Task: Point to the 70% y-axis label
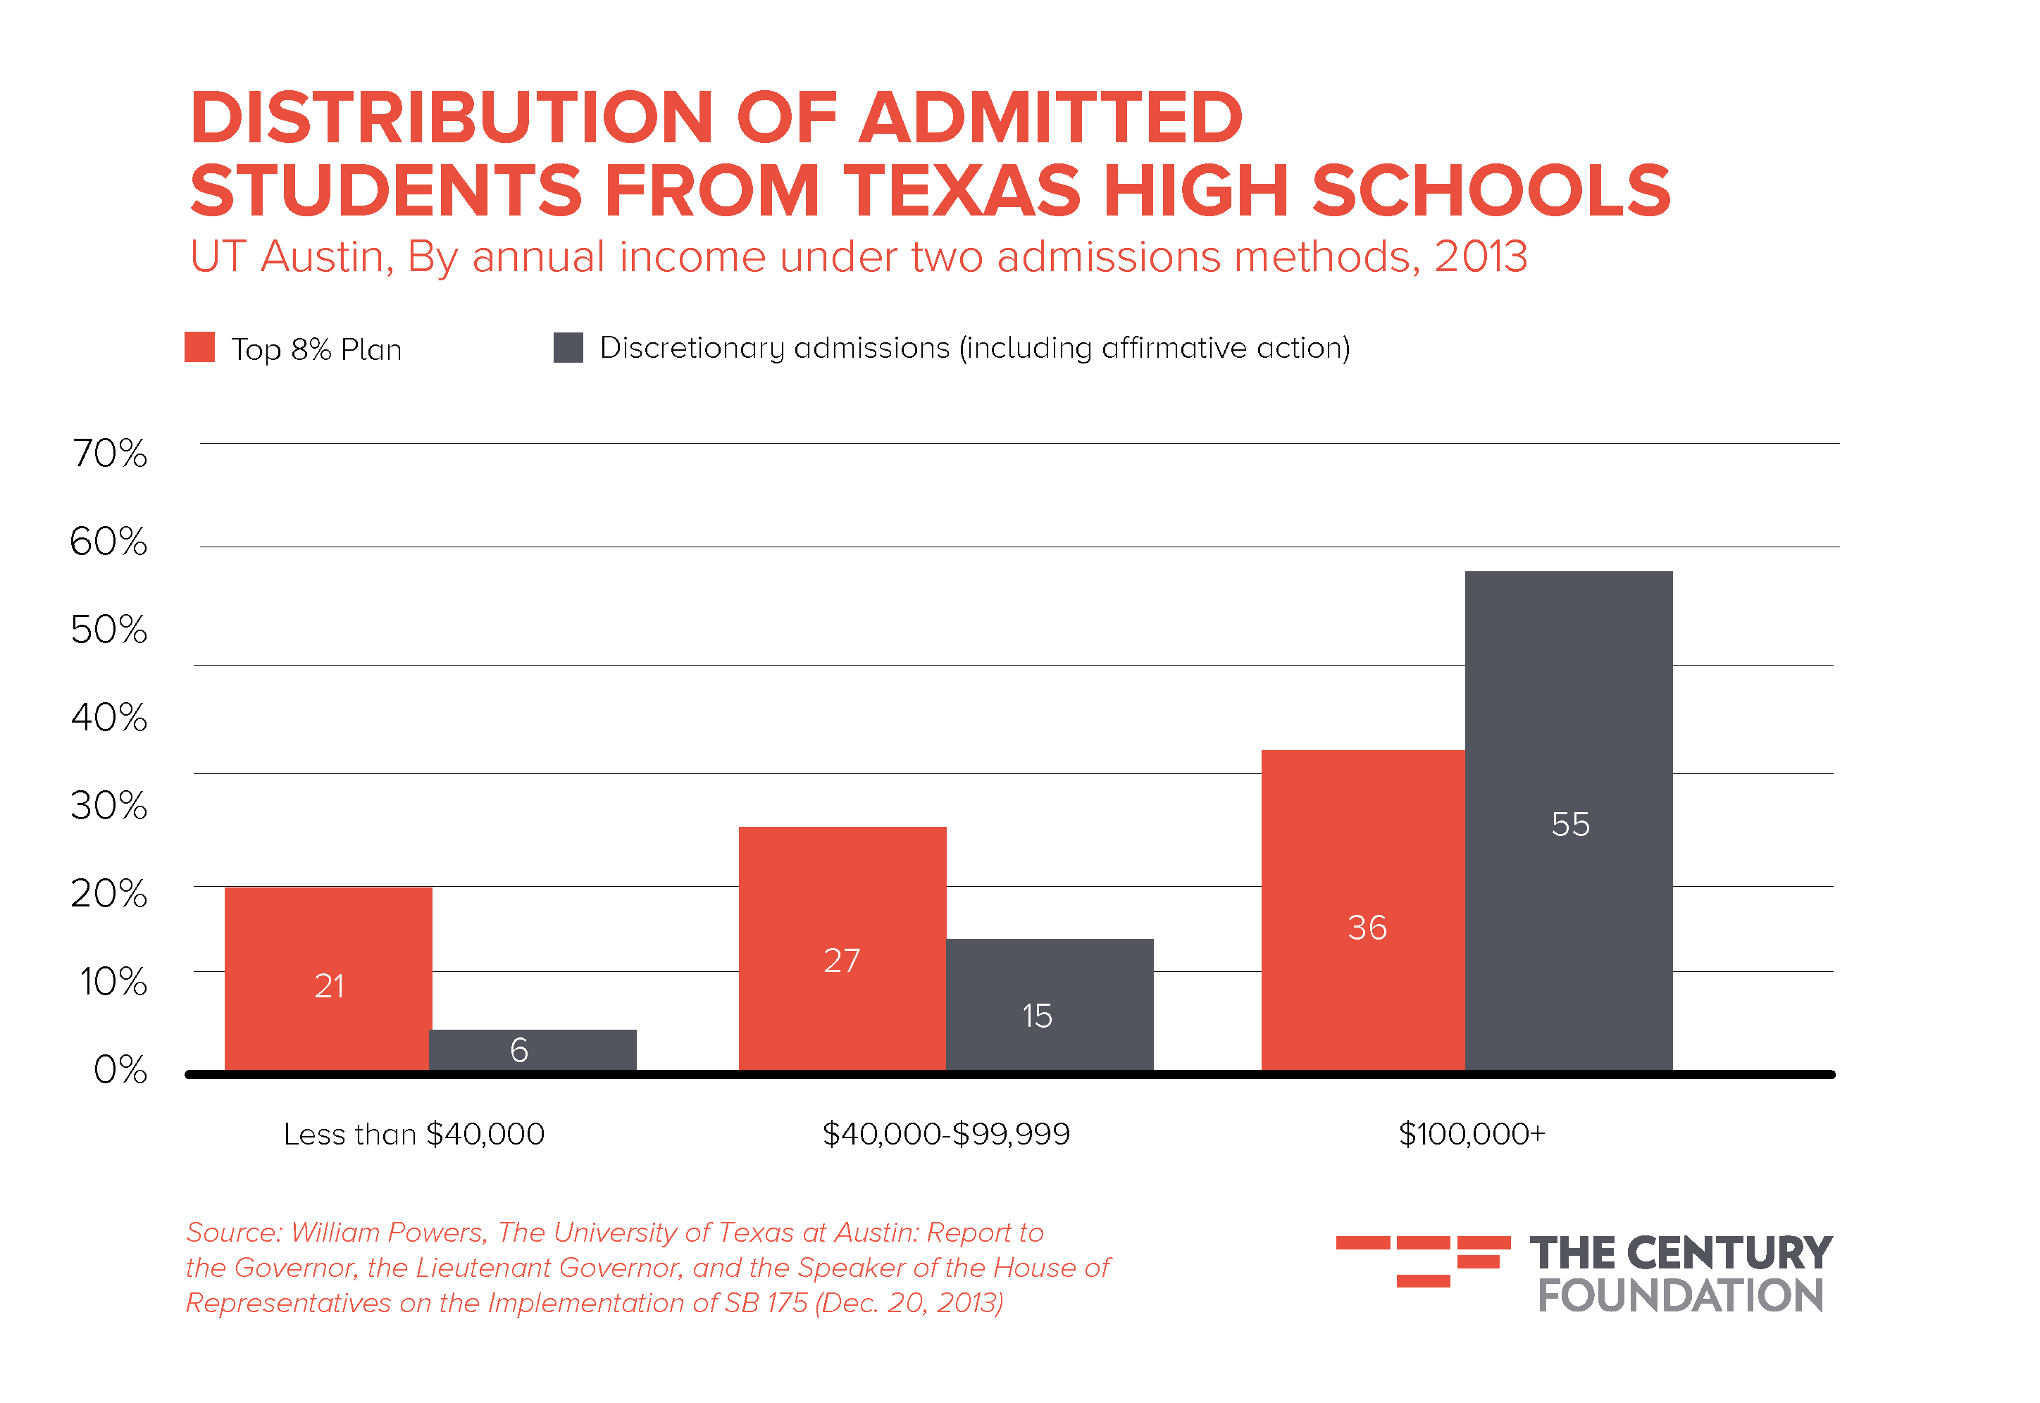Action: tap(110, 454)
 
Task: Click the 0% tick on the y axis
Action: tap(120, 1070)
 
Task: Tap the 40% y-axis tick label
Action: tap(110, 717)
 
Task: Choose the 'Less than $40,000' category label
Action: tap(414, 1134)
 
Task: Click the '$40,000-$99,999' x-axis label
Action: tap(946, 1134)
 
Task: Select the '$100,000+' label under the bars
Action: tap(1472, 1134)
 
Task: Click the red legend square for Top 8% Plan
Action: tap(199, 347)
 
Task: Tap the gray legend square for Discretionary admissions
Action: tap(568, 347)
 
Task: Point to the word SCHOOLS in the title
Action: tap(1491, 191)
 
